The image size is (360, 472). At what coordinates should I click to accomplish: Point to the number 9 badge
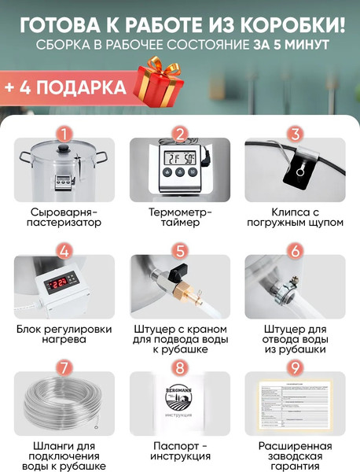pyautogui.click(x=295, y=368)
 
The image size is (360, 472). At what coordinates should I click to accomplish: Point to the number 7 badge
pyautogui.click(x=64, y=368)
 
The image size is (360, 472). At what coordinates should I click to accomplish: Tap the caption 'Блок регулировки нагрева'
pyautogui.click(x=64, y=334)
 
